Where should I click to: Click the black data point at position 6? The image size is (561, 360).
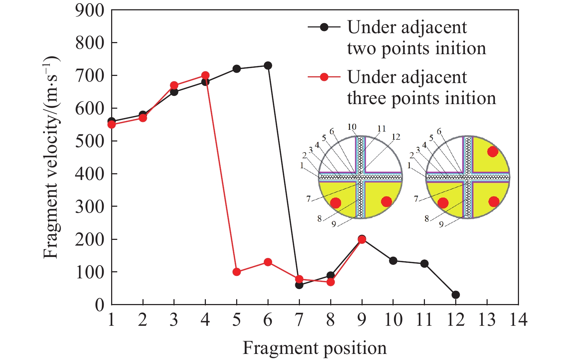point(268,66)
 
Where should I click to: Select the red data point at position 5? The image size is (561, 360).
point(237,272)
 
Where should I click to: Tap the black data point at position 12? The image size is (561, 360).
point(456,295)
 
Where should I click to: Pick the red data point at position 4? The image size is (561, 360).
point(205,76)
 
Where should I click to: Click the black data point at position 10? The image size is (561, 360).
point(393,261)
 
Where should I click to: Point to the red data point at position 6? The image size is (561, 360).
point(268,262)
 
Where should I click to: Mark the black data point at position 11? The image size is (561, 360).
point(424,264)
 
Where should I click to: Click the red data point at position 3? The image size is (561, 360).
point(174,85)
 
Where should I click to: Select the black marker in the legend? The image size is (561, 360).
point(324,27)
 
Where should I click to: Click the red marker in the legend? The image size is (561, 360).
point(324,77)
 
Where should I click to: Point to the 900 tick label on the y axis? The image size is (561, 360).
point(89,11)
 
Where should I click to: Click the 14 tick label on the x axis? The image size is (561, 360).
point(518,320)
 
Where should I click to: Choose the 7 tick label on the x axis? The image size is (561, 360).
point(299,320)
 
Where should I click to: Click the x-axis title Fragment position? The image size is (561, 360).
point(315,349)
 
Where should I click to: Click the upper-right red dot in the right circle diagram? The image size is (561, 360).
point(492,152)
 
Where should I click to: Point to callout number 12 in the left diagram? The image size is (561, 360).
point(396,137)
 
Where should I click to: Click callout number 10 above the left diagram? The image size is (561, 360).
point(352,127)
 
